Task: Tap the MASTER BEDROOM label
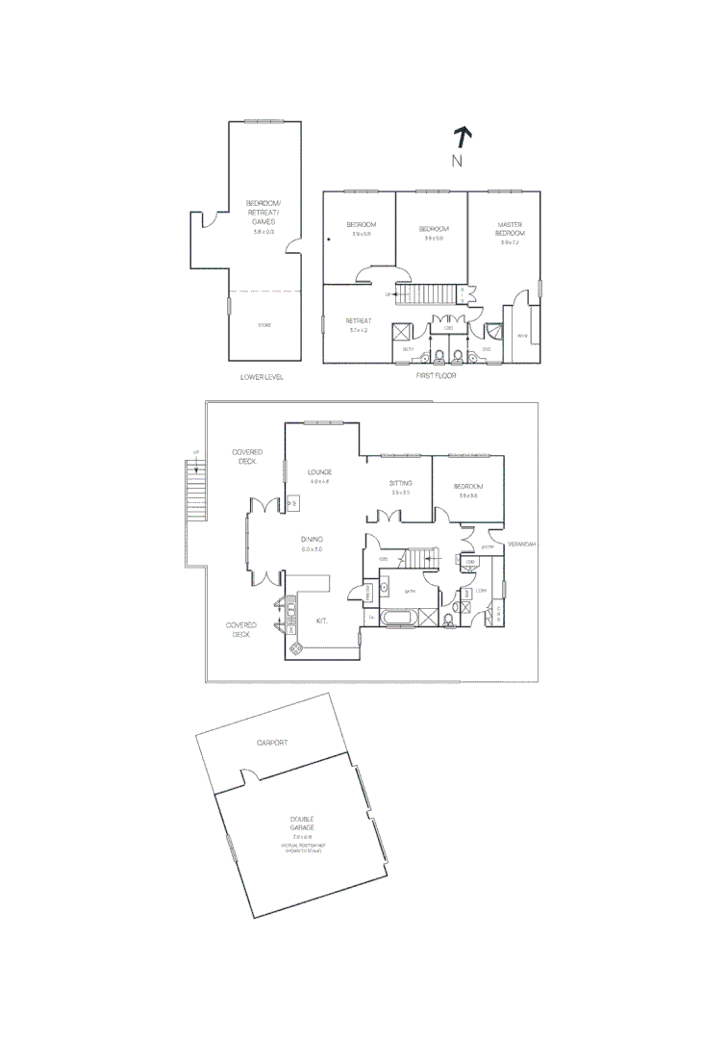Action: pyautogui.click(x=510, y=229)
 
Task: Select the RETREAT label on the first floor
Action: pyautogui.click(x=359, y=321)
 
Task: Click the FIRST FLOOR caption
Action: pyautogui.click(x=437, y=375)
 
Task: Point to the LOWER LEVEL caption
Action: pyautogui.click(x=262, y=377)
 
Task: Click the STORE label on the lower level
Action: pyautogui.click(x=263, y=325)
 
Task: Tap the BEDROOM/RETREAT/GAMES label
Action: pyautogui.click(x=262, y=212)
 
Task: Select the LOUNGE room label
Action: pyautogui.click(x=319, y=472)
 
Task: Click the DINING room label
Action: pyautogui.click(x=312, y=539)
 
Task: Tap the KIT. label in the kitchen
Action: pyautogui.click(x=322, y=621)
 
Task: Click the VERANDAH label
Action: pyautogui.click(x=520, y=544)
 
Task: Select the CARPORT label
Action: pyautogui.click(x=272, y=743)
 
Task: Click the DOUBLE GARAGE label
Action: pyautogui.click(x=302, y=824)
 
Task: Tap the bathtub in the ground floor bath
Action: pyautogui.click(x=398, y=618)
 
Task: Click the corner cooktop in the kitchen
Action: pyautogui.click(x=295, y=649)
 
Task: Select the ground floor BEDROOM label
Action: pyautogui.click(x=468, y=487)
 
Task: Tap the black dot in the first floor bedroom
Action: pyautogui.click(x=329, y=241)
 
